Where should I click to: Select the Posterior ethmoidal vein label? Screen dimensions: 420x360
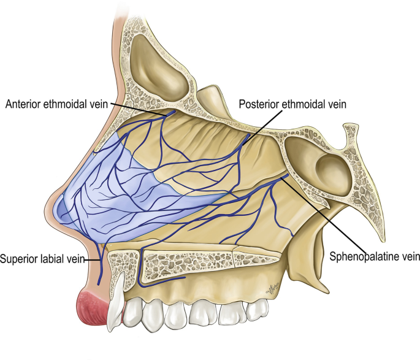292,104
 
